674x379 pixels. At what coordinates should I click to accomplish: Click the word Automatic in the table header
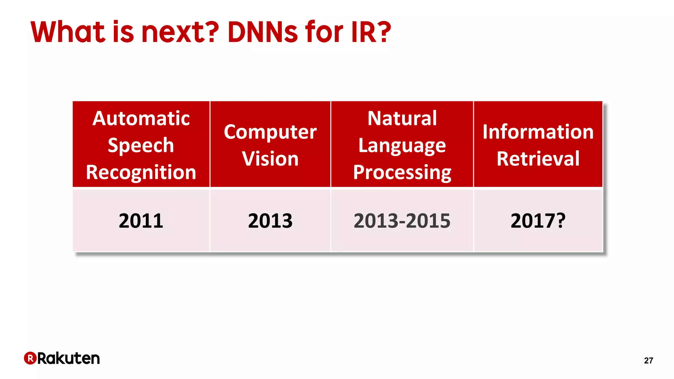[141, 118]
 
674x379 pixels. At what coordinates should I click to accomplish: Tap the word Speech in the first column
[141, 145]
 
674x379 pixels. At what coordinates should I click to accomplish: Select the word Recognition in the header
[141, 172]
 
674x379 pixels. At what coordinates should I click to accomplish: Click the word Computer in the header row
[270, 132]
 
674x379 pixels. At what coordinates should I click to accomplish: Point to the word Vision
[270, 159]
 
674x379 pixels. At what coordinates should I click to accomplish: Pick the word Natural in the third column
[402, 118]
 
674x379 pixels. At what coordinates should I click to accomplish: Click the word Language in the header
[402, 145]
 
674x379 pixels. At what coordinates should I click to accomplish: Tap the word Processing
[402, 172]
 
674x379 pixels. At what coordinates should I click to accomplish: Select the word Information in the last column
[538, 132]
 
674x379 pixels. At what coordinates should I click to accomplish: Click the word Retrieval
[538, 159]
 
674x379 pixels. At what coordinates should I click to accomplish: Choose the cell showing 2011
[141, 221]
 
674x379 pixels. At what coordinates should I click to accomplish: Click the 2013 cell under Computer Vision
[270, 221]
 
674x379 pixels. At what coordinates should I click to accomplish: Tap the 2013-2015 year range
[402, 221]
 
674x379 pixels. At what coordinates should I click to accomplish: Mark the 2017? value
[538, 221]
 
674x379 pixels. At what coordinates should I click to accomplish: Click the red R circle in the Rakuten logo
[30, 358]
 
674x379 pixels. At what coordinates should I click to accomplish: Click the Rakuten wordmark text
[68, 358]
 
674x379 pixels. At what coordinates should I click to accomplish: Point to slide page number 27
[648, 361]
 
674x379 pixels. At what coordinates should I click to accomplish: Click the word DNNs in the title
[263, 32]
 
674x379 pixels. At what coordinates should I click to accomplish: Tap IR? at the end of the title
[371, 32]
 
